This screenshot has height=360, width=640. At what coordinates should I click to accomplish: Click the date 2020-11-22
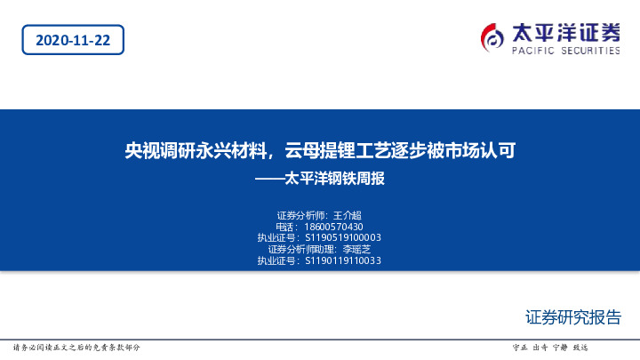[x=73, y=40]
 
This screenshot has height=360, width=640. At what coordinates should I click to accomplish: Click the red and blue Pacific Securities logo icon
[x=492, y=36]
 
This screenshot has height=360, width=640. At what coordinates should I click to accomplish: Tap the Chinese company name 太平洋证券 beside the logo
[x=565, y=32]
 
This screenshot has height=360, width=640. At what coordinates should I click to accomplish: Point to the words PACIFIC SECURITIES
[x=565, y=52]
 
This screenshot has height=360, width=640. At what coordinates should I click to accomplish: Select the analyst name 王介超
[x=348, y=216]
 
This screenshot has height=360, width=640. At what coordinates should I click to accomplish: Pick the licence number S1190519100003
[x=343, y=238]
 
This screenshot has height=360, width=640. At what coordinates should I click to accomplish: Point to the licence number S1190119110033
[x=343, y=260]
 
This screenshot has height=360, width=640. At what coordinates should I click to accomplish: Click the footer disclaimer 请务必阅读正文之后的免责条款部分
[x=76, y=347]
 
